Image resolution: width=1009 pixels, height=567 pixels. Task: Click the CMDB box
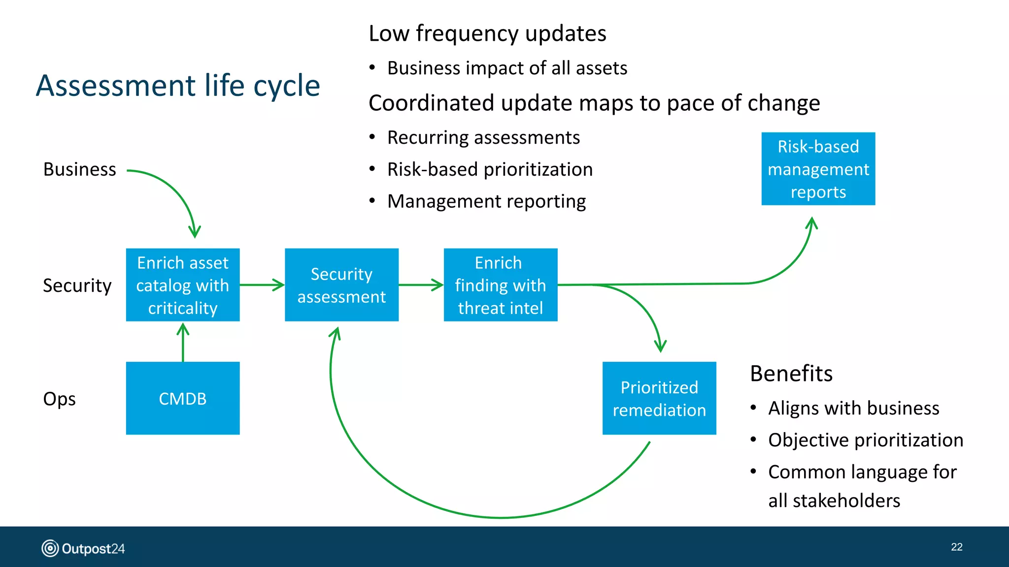tap(183, 398)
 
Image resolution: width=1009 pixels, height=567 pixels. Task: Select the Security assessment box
tap(341, 285)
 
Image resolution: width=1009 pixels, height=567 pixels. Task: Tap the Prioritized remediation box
tap(659, 398)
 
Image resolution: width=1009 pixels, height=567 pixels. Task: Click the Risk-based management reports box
tap(818, 169)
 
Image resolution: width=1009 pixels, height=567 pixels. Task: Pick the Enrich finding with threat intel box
tap(501, 285)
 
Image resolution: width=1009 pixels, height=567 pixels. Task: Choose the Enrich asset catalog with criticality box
tap(183, 285)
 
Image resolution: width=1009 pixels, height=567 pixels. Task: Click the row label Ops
tap(60, 399)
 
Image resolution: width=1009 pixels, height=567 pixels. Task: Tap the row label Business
tap(80, 169)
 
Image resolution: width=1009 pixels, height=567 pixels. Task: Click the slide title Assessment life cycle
tap(178, 86)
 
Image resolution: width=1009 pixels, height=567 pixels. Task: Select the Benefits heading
tap(791, 374)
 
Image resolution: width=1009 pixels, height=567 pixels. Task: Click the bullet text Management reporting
tap(487, 201)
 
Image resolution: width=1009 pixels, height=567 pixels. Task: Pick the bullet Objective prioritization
tap(866, 440)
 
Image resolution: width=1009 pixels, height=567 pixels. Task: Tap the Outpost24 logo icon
tap(50, 548)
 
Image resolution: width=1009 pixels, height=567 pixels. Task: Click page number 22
tap(956, 547)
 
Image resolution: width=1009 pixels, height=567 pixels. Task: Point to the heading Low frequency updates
tap(487, 33)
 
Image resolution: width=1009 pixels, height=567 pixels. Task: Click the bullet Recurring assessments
tap(483, 138)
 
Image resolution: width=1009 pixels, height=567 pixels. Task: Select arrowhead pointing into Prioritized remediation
tap(660, 346)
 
